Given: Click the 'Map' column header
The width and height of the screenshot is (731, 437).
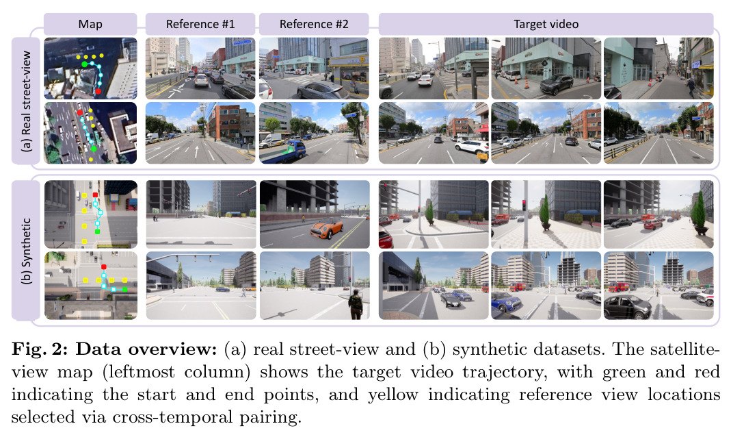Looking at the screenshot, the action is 90,24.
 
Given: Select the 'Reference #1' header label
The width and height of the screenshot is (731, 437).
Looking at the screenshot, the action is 200,24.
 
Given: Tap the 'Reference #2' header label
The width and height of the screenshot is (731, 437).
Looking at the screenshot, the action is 314,24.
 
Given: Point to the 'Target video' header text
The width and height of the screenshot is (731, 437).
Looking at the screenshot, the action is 546,24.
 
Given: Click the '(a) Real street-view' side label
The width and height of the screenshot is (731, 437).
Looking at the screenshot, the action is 26,101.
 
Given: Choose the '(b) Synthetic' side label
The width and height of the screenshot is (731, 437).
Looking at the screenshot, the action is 26,251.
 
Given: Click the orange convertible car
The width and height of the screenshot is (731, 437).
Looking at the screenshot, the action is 327,229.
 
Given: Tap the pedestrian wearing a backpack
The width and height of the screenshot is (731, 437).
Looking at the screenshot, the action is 356,304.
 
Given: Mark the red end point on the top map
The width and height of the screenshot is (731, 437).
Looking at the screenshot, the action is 98,92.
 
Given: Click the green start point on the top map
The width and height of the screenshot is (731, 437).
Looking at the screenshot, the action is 84,64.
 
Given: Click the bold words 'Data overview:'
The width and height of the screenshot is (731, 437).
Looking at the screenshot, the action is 146,349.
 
